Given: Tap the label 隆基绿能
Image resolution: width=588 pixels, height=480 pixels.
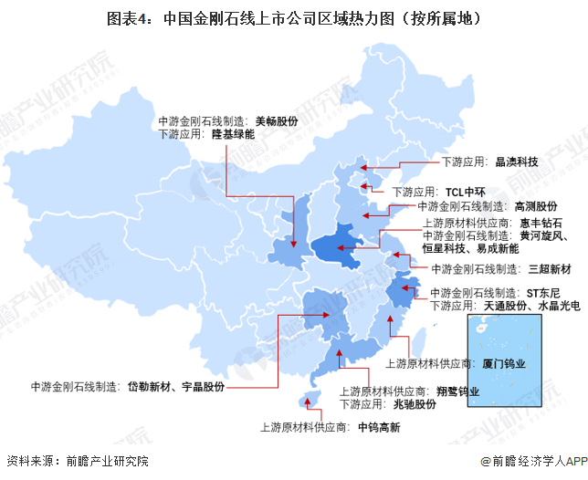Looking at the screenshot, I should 233,134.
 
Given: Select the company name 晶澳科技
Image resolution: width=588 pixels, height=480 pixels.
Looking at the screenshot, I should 518,162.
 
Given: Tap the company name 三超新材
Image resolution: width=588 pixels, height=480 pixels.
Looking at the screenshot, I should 551,270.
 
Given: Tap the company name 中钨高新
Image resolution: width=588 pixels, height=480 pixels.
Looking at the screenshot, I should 379,426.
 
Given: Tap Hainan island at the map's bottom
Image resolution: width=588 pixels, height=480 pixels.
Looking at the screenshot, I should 310,399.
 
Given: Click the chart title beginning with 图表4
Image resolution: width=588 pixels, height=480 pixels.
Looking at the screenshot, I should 293,17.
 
